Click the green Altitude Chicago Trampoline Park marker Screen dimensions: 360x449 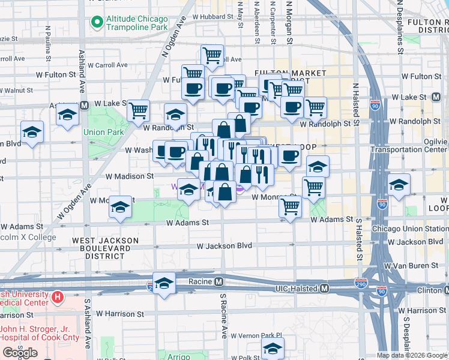(x=96, y=22)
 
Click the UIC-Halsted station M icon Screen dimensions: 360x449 (x=324, y=289)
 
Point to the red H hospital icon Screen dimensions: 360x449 (x=58, y=297)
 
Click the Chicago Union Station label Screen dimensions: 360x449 (x=409, y=229)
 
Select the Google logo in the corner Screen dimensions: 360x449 (x=20, y=353)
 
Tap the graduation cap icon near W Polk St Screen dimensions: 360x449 (x=273, y=347)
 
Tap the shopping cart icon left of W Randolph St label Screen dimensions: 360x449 (x=139, y=110)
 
